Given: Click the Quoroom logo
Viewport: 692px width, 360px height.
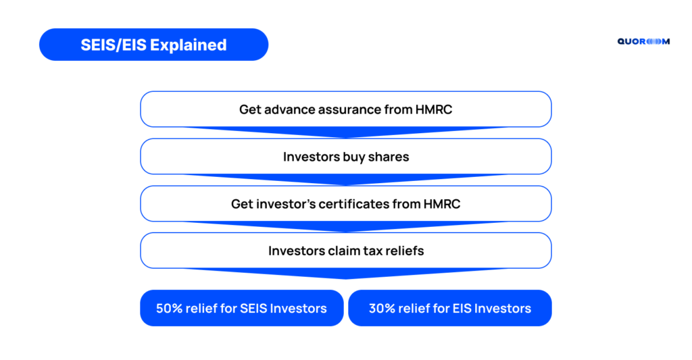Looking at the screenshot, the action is coord(643,41).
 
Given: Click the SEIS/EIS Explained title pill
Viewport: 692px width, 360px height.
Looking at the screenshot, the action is coord(153,45).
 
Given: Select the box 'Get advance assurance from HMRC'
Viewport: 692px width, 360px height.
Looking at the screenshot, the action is coord(346,109).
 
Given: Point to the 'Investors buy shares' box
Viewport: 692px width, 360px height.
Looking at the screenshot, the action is coord(346,156).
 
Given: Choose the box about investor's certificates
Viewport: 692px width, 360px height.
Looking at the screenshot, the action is coord(346,203).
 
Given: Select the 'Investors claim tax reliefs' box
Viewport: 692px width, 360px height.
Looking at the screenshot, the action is coord(346,250).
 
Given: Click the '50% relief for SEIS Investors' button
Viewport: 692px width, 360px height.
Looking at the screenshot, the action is coord(242,308).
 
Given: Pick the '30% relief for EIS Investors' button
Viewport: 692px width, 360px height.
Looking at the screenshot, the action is coord(449,308).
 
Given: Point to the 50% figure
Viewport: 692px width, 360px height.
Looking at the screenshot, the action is coord(169,309).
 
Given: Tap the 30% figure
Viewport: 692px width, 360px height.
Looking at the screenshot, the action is coord(382,309).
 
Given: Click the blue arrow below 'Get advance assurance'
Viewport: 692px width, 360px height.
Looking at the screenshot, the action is coord(346,132).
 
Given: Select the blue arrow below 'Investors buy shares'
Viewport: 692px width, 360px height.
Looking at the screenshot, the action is coord(346,179).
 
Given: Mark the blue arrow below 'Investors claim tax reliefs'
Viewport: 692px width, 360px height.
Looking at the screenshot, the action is coord(346,273).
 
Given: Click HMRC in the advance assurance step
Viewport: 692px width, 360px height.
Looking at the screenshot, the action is coord(434,109).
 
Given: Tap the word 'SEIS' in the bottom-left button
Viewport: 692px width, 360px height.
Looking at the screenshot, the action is coord(253,309).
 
